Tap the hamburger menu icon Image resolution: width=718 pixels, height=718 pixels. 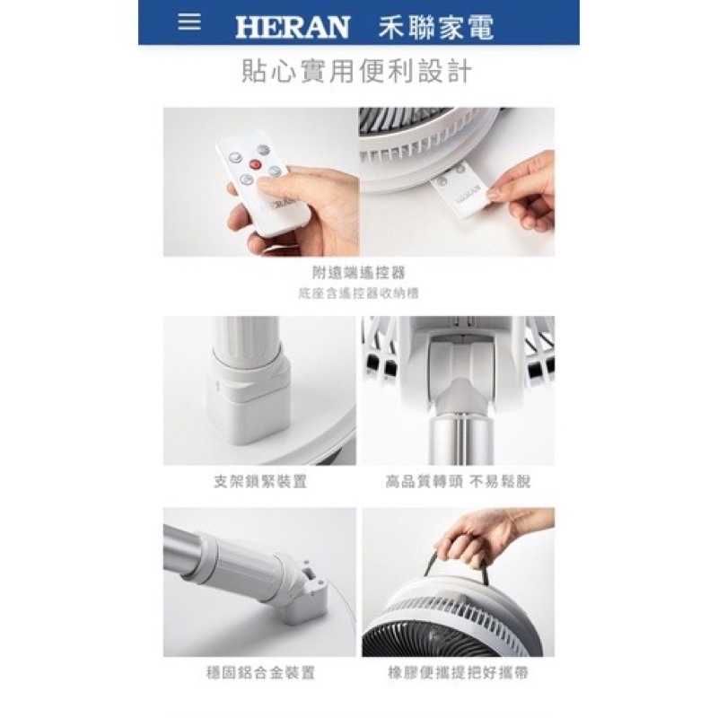(189, 22)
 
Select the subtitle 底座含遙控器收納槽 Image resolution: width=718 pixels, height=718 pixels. (357, 293)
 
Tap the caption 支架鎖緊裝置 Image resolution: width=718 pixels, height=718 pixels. (260, 481)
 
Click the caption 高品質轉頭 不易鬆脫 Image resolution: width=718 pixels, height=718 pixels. (458, 481)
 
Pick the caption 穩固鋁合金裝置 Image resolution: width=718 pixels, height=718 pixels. (260, 671)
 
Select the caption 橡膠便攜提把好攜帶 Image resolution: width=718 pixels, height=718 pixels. (458, 671)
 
